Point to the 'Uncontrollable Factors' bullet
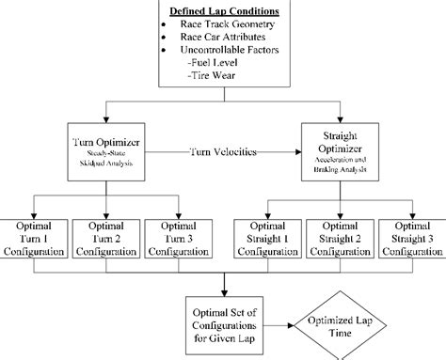(231, 56)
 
